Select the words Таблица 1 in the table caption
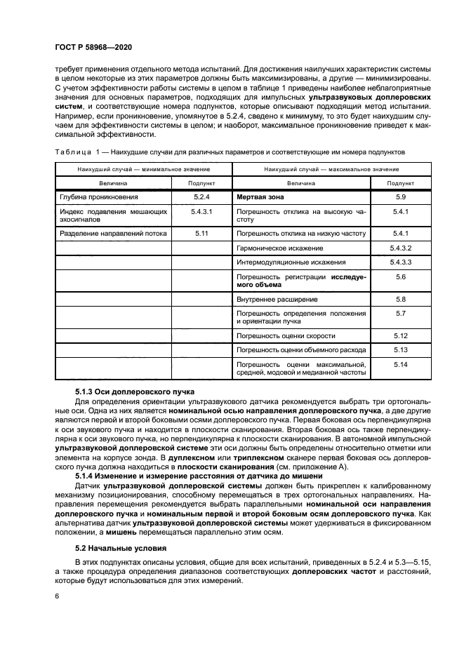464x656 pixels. pyautogui.click(x=76, y=151)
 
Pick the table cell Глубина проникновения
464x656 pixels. pyautogui.click(x=100, y=197)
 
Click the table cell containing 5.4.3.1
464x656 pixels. pyautogui.click(x=201, y=210)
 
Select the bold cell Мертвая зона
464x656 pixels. pyautogui.click(x=260, y=197)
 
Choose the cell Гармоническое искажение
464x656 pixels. pyautogui.click(x=279, y=248)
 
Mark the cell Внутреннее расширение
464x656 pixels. pyautogui.click(x=272, y=299)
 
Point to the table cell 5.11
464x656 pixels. pyautogui.click(x=201, y=232)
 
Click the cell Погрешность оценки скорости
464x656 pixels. pyautogui.click(x=281, y=336)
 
